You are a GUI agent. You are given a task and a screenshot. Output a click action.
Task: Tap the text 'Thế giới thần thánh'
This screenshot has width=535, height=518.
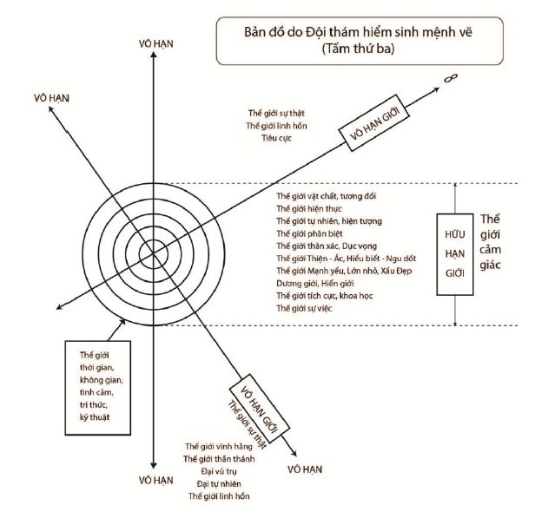[219, 458]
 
